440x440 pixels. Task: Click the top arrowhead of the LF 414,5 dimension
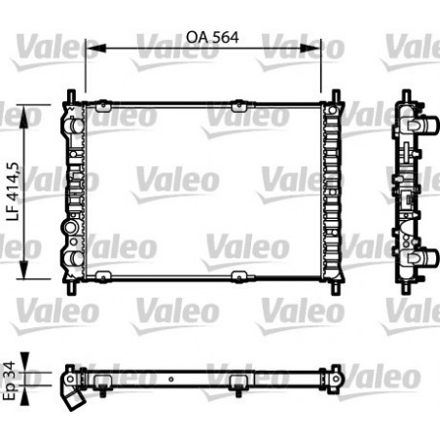coord(40,106)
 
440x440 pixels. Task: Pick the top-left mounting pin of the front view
coord(71,95)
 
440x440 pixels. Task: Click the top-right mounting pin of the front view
coord(336,95)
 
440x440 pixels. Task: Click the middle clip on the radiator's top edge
coord(236,102)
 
